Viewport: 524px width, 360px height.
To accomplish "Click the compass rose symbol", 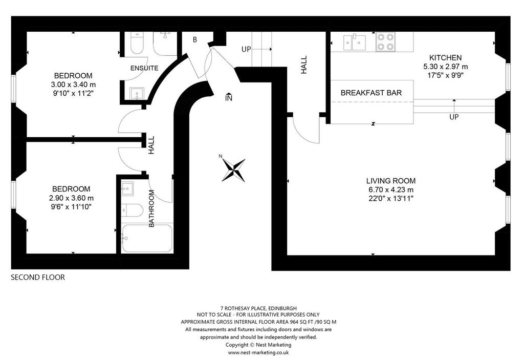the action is click(233, 170).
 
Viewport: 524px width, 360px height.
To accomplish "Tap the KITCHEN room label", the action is click(446, 57).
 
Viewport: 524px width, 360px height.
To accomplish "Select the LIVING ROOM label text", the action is click(391, 181).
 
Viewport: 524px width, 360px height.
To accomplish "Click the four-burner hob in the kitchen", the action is click(385, 42).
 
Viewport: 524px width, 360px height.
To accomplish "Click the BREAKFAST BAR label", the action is click(371, 93).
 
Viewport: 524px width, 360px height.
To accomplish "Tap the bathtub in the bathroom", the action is click(147, 238).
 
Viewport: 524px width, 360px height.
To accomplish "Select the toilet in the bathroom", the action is click(132, 210).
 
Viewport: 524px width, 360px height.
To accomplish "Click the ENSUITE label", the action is click(144, 68).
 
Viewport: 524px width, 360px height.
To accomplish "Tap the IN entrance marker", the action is click(229, 97).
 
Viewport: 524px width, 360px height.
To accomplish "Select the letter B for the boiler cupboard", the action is click(195, 39).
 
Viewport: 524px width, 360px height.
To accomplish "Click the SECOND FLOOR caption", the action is click(38, 278).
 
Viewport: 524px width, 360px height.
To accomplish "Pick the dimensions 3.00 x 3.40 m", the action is click(73, 84).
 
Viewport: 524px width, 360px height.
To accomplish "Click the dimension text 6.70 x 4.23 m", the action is click(391, 189).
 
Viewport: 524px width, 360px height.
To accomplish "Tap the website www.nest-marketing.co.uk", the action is click(258, 353).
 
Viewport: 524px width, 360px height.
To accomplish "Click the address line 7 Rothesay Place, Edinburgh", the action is click(258, 308).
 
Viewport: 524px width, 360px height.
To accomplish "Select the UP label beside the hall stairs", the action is click(246, 49).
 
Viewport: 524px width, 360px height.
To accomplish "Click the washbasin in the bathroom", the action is click(127, 188).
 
